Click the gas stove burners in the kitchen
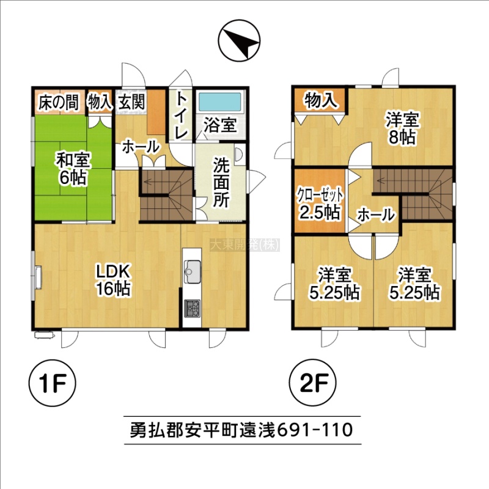pos(192,309)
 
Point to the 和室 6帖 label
pos(73,169)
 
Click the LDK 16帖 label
pos(112,280)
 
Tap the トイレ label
pos(181,115)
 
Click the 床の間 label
pos(58,103)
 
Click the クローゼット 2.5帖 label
pos(320,204)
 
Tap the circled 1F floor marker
pos(52,383)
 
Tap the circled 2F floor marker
pos(313,383)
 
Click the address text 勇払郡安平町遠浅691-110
pos(241,430)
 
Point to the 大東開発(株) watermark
pos(245,245)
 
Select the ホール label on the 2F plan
pos(376,215)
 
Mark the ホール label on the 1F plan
pos(141,147)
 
